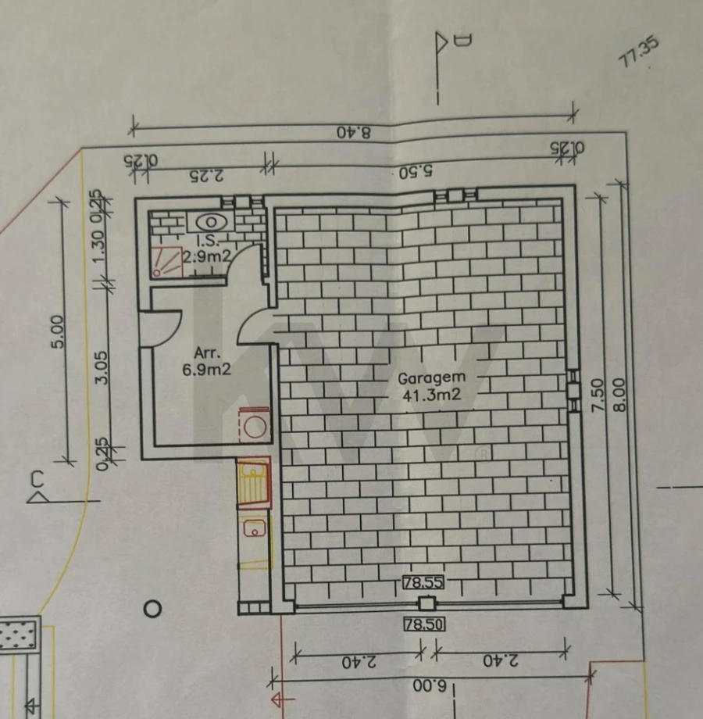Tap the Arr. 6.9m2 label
[x=206, y=362]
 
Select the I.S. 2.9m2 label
[x=207, y=249]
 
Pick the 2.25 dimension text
[x=206, y=174]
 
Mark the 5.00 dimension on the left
[x=57, y=332]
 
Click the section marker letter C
[x=37, y=478]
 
